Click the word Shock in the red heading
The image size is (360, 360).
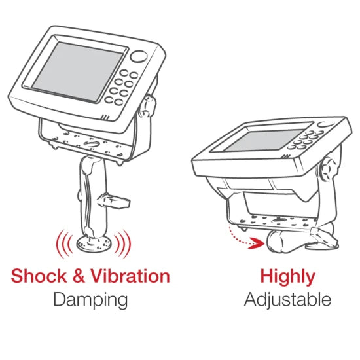click(x=39, y=276)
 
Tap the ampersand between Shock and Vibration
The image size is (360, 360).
click(x=79, y=276)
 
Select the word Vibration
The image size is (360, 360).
click(x=130, y=276)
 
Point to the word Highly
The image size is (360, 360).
click(x=287, y=277)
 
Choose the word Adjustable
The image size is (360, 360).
click(x=287, y=299)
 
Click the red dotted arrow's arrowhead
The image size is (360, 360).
click(x=257, y=243)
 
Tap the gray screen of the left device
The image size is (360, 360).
click(x=78, y=71)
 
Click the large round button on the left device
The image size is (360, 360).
click(x=139, y=57)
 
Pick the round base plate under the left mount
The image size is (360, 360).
click(x=94, y=244)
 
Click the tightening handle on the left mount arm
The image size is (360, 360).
click(x=113, y=201)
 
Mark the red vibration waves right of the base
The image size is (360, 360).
click(x=123, y=244)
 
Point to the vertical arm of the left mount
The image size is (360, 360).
click(x=93, y=197)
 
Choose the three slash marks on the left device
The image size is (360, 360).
click(x=105, y=117)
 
